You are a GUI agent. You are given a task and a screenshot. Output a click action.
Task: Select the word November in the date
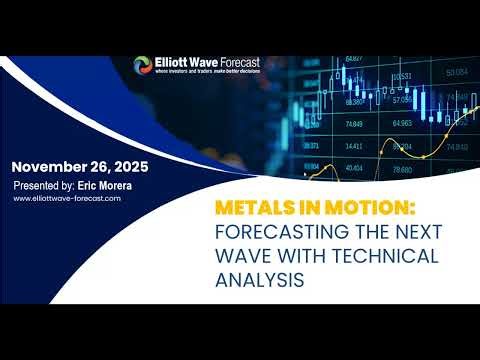[x=50, y=166]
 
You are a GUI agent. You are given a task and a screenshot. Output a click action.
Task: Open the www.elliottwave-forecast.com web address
[x=67, y=198]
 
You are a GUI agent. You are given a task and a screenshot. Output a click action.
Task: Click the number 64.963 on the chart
[x=401, y=124]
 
